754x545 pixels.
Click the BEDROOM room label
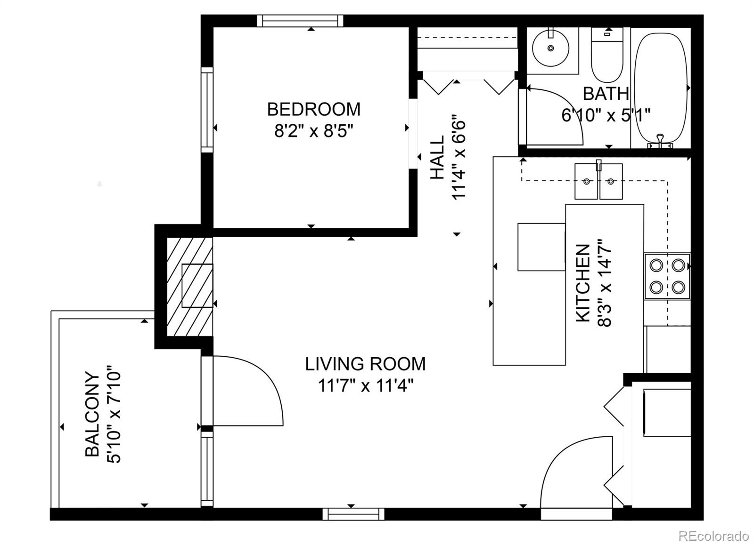(x=313, y=109)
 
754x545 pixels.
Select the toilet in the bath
(x=607, y=59)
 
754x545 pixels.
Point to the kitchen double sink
(x=598, y=182)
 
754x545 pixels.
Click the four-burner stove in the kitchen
(x=667, y=276)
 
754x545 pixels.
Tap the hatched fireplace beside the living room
(x=190, y=286)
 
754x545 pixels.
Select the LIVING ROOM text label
(x=365, y=364)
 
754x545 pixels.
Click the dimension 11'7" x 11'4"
(x=365, y=386)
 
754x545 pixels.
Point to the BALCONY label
(x=92, y=414)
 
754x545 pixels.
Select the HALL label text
(x=437, y=157)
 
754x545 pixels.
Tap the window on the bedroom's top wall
(x=300, y=21)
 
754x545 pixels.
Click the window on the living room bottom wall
(x=350, y=514)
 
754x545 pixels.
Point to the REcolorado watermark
(x=713, y=536)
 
